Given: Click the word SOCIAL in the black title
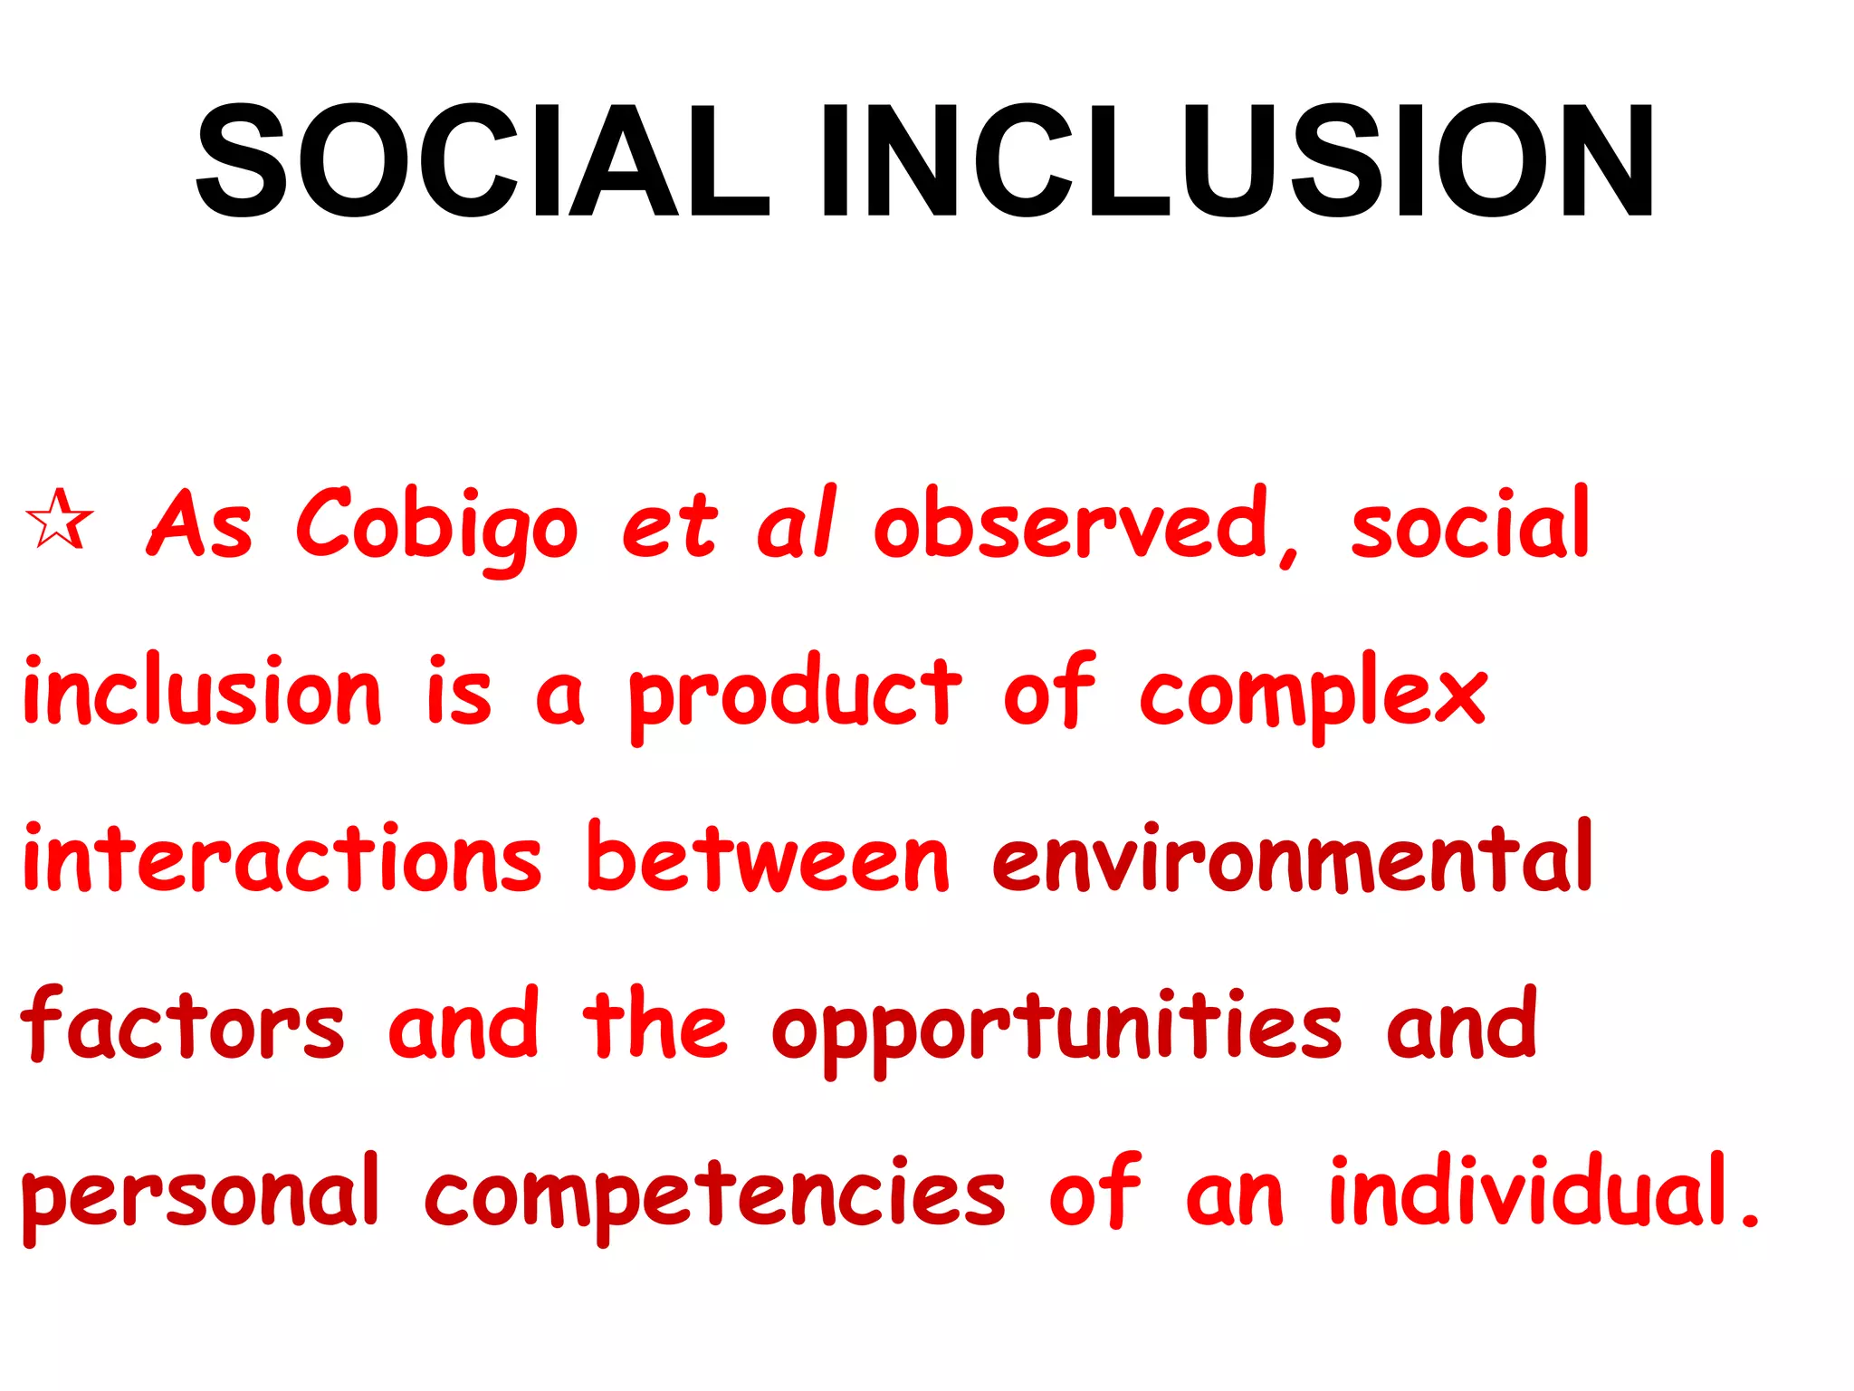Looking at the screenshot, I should pos(481,161).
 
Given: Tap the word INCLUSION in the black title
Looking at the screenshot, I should pos(1237,161).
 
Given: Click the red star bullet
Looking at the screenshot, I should pos(59,520).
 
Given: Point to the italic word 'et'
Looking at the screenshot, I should pos(669,525).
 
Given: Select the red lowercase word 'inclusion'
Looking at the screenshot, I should pos(202,690).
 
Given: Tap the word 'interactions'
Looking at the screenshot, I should pos(282,857).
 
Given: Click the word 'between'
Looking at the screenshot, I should pos(768,857).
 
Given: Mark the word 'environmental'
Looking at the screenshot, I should pos(1292,857).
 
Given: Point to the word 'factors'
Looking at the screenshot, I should pos(182,1023).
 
